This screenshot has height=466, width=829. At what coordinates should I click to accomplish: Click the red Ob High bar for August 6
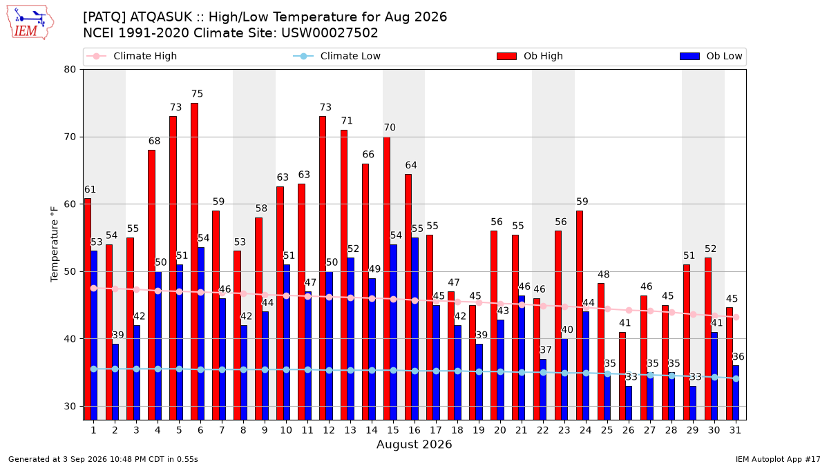194,262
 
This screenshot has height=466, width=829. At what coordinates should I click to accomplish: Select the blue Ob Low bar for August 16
415,329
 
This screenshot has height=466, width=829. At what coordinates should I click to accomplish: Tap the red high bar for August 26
622,376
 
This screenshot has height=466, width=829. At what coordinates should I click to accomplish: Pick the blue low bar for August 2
115,382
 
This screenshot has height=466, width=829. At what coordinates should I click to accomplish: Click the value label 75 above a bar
198,94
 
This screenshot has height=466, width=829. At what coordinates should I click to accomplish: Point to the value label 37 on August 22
546,350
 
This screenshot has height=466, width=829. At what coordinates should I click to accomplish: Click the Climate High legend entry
132,56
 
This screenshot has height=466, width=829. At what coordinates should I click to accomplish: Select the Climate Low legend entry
337,56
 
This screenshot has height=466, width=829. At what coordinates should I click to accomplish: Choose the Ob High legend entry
530,56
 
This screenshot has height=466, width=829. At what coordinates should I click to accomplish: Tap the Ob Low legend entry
711,56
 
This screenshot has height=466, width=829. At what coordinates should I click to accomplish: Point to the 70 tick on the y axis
70,137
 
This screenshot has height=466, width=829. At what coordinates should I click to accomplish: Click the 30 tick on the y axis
70,407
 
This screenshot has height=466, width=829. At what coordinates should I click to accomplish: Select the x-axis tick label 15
393,431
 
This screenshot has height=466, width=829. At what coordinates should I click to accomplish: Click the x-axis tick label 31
735,431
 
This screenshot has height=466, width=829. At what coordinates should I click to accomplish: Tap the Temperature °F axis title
55,244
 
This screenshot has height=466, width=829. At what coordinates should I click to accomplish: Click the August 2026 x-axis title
414,444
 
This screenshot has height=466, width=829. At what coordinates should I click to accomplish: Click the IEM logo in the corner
30,23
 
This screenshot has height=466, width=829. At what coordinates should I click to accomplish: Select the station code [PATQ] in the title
105,17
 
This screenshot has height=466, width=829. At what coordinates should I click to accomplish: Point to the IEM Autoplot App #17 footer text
778,459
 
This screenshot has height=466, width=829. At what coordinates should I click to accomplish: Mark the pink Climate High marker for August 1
94,288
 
